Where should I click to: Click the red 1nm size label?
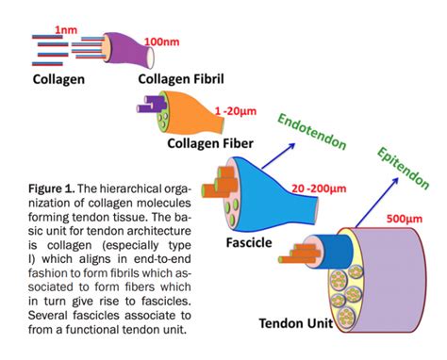coord(67,30)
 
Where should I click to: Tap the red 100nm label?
coord(163,42)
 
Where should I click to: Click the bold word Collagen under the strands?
coord(58,79)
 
